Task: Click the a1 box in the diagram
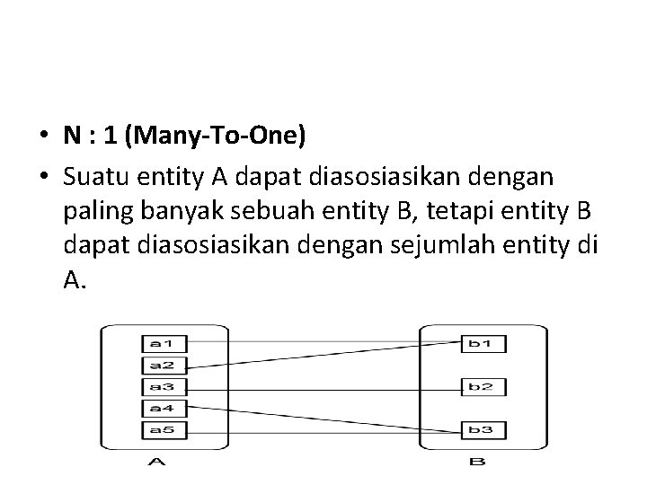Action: [x=156, y=343]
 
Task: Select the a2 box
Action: [x=156, y=365]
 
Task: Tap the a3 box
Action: [x=156, y=386]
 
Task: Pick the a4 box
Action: [x=156, y=408]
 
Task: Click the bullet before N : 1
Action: [x=43, y=137]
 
